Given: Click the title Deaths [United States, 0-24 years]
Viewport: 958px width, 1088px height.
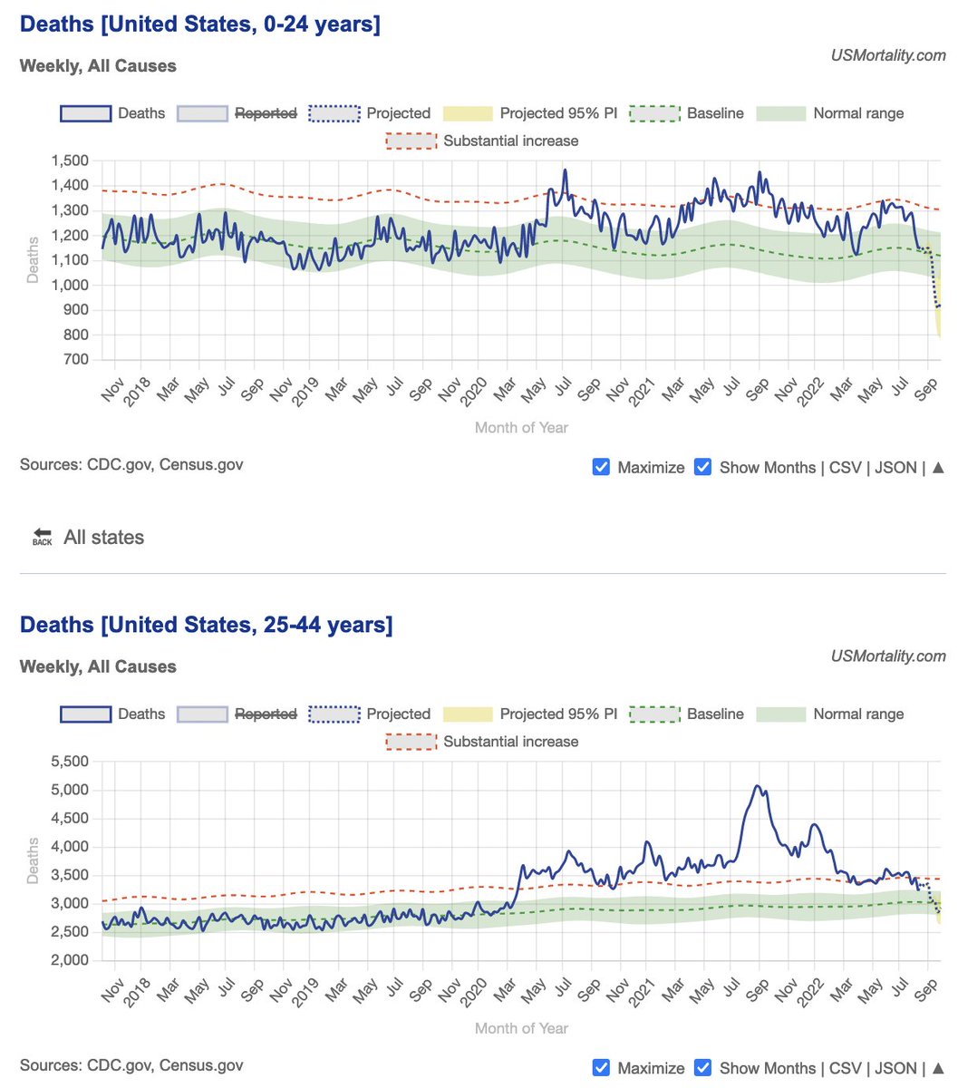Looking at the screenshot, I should click(199, 24).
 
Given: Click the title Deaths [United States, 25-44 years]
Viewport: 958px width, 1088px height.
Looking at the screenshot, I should click(206, 625).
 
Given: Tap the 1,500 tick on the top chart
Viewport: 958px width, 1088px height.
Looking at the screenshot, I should click(70, 161).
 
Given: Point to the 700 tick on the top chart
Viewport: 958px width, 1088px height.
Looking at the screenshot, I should click(76, 360).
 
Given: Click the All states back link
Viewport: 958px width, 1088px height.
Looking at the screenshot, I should click(102, 538).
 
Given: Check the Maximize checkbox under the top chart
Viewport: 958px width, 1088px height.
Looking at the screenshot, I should click(600, 467).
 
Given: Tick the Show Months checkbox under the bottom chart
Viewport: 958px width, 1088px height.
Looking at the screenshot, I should click(702, 1068).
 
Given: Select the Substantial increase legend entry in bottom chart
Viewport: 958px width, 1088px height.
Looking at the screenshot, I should click(509, 742).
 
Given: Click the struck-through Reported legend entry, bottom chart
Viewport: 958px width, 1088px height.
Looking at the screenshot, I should click(265, 714).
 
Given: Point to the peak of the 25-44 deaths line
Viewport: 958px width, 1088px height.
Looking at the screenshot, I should click(757, 786).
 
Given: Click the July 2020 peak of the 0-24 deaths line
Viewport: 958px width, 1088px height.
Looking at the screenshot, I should click(565, 170).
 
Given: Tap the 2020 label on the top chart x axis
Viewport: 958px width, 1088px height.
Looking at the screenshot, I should click(476, 393).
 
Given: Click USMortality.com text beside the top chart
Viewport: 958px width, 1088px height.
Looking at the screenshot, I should click(888, 56).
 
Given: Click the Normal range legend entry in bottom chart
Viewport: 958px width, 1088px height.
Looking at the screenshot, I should click(857, 714).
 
